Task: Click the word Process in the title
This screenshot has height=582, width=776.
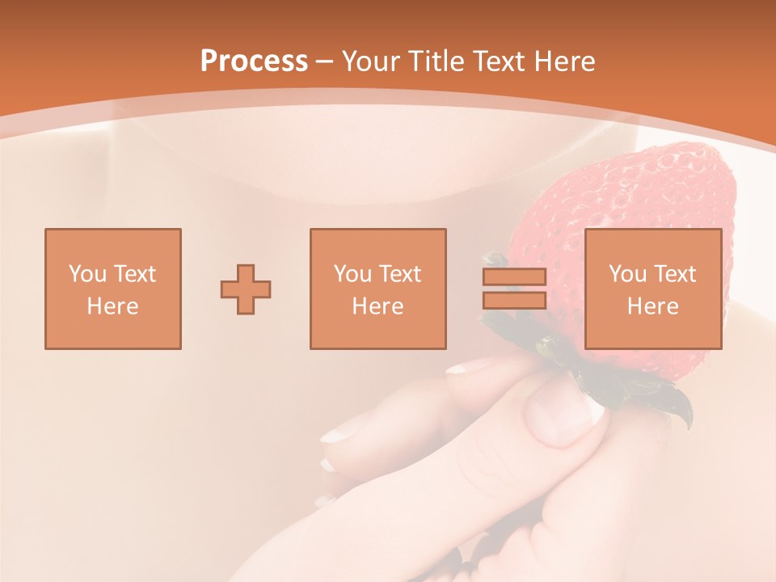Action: click(x=254, y=61)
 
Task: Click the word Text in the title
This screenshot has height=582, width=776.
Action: click(x=496, y=61)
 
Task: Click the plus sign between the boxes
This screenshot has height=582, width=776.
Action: click(x=246, y=289)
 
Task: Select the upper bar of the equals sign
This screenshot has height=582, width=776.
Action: click(x=514, y=277)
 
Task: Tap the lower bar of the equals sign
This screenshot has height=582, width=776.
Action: click(x=514, y=300)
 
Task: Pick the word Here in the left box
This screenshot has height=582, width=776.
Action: click(x=112, y=306)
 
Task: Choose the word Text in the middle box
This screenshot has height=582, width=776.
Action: click(x=400, y=274)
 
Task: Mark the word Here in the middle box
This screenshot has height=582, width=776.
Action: click(x=377, y=306)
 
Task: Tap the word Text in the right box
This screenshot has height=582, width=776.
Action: click(x=675, y=274)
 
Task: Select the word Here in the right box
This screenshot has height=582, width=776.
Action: click(x=652, y=306)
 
